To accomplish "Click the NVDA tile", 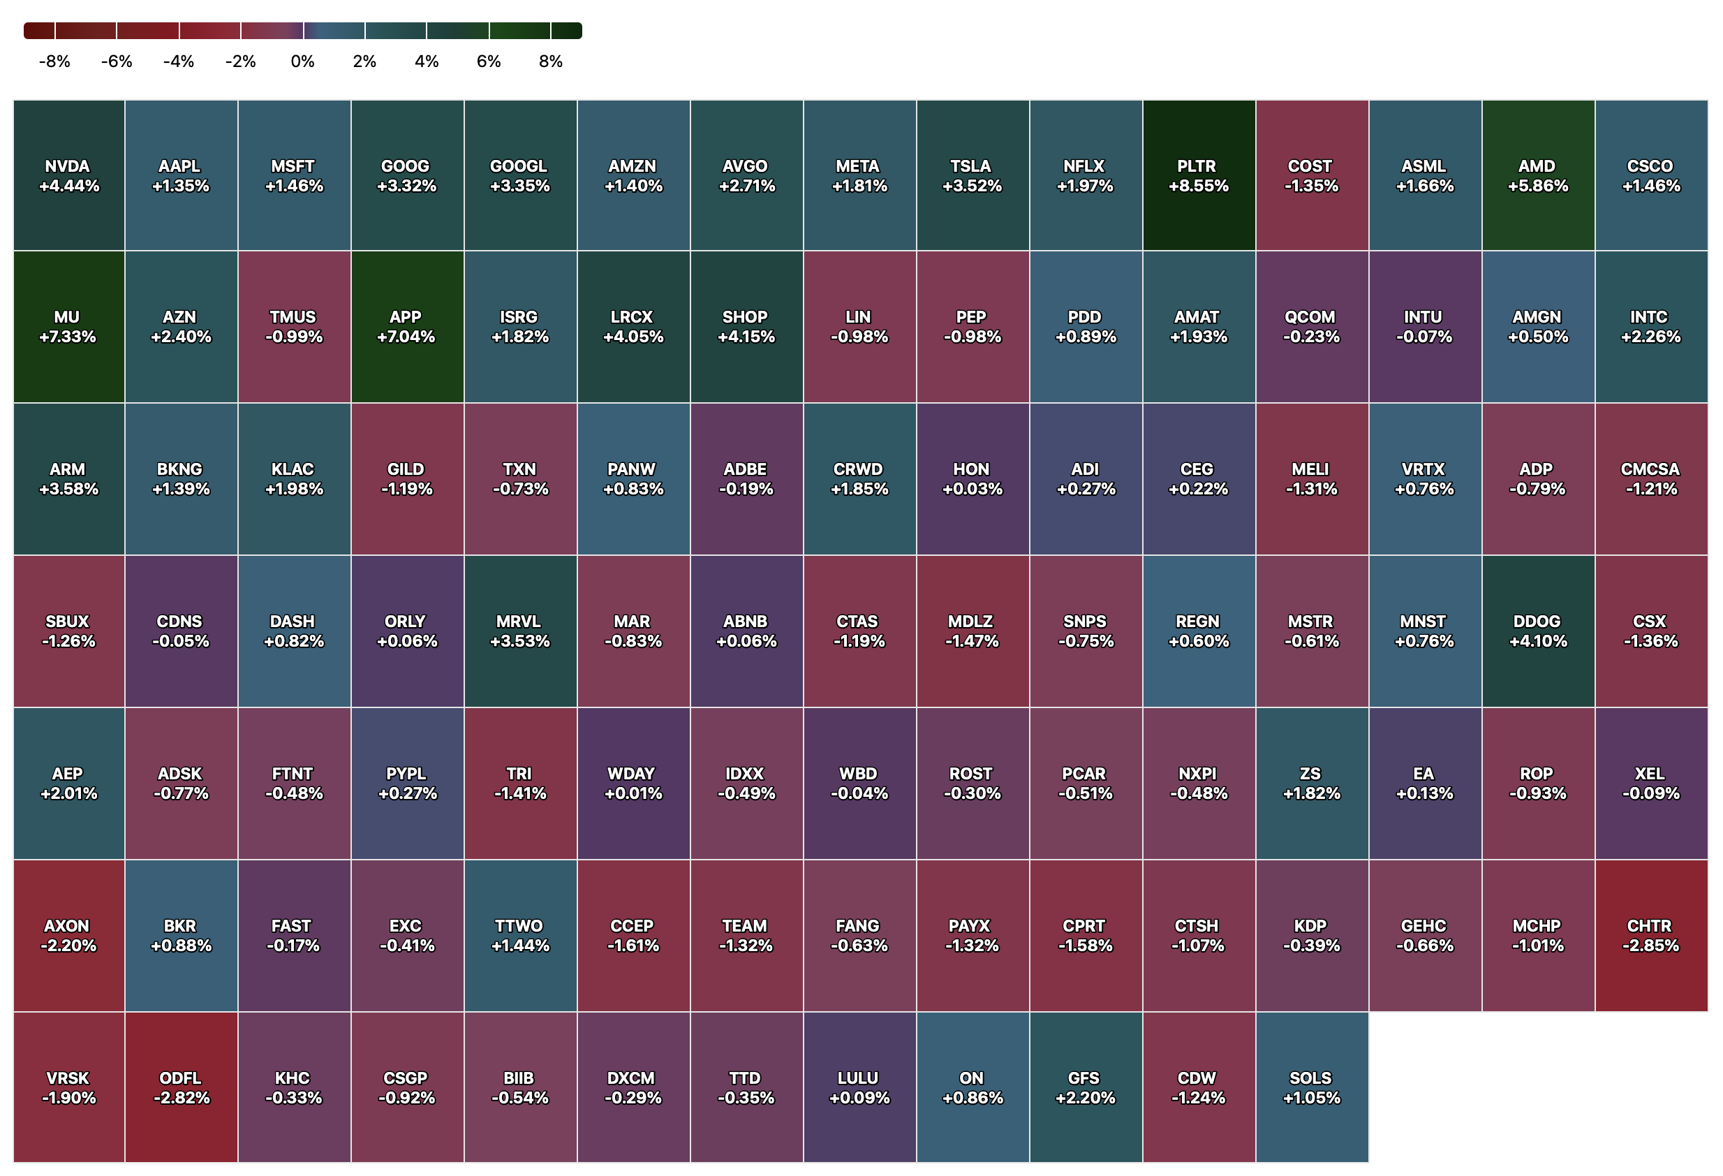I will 68,176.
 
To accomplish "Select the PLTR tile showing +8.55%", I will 1198,176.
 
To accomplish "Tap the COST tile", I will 1312,176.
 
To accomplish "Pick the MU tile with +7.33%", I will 68,327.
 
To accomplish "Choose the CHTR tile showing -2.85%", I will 1650,936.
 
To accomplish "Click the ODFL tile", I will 181,1088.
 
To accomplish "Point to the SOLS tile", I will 1312,1088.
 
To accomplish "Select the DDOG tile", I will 1538,631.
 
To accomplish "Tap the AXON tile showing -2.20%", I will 68,936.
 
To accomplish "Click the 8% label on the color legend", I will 550,61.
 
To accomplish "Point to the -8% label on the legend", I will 54,61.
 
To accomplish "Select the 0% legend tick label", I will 302,61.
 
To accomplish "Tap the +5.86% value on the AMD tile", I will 1538,186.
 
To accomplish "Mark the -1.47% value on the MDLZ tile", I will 972,641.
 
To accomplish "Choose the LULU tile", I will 859,1088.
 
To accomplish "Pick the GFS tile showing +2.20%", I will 1086,1088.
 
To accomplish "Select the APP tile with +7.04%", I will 407,327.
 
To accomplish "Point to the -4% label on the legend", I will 178,61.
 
